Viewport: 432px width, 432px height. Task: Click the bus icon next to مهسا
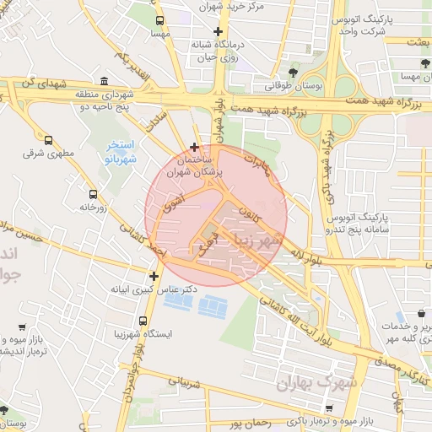tap(159, 20)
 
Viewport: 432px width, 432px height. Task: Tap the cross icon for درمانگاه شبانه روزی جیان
tap(218, 31)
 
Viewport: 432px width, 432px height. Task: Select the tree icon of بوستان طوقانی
tap(293, 73)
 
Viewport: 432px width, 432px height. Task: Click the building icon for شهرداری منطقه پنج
tap(104, 82)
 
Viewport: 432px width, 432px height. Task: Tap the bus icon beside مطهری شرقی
tap(48, 141)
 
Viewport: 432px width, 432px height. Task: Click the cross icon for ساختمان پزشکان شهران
tap(195, 147)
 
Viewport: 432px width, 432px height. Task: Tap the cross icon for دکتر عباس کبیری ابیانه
tap(153, 275)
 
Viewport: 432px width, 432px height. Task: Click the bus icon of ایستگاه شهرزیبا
tap(143, 321)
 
